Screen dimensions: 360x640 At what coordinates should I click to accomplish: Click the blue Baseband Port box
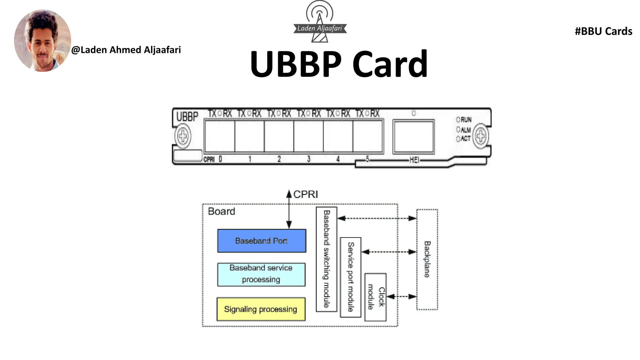point(262,241)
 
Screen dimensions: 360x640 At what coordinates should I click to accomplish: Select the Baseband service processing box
point(261,274)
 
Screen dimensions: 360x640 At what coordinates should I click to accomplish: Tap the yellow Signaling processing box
point(261,309)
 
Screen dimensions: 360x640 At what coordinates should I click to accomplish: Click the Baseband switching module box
point(326,259)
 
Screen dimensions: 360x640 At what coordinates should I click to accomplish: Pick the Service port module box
point(351,277)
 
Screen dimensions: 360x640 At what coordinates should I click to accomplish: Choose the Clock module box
point(375,297)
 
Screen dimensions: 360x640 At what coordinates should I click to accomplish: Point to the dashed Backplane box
point(427,259)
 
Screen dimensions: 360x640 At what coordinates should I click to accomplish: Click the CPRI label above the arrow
point(305,194)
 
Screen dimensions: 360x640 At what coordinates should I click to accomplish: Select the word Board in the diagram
point(221,211)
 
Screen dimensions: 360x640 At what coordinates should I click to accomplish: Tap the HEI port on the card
point(413,137)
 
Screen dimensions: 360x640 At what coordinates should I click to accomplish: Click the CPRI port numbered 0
point(220,137)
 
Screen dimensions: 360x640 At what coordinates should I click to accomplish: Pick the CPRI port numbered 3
point(308,137)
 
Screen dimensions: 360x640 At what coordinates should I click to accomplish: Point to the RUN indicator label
point(466,120)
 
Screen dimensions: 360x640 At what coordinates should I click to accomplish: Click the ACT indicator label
point(465,138)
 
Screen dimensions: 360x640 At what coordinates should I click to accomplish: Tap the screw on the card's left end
point(183,136)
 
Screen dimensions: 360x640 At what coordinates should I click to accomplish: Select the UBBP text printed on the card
point(187,117)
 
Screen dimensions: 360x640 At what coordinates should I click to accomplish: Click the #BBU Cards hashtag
point(603,31)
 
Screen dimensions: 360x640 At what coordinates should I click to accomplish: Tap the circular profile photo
point(42,41)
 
